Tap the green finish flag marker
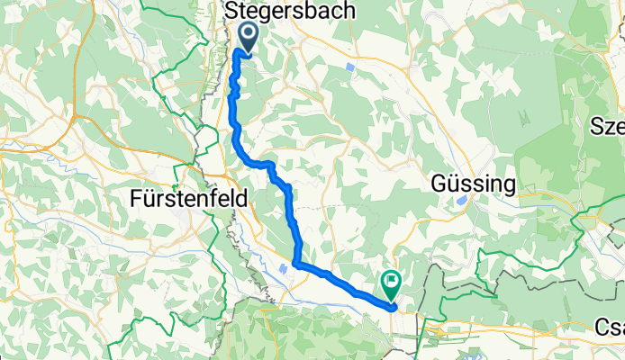[x=392, y=285]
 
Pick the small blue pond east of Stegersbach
[x=349, y=67]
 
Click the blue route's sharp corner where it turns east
[x=296, y=264]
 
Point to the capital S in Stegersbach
[x=231, y=11]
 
